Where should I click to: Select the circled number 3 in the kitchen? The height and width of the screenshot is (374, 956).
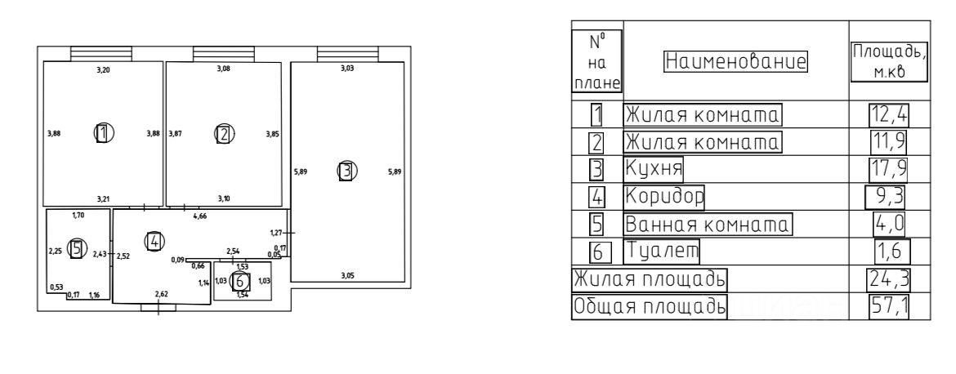pyautogui.click(x=346, y=171)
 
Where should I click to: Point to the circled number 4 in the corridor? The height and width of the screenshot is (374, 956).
pyautogui.click(x=154, y=240)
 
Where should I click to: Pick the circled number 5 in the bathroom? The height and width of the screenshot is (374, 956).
pyautogui.click(x=78, y=249)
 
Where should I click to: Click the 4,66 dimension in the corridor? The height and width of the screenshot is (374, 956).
pyautogui.click(x=199, y=217)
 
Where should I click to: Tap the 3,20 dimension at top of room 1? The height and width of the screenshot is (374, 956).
pyautogui.click(x=103, y=71)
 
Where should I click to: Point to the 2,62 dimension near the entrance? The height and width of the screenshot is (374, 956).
pyautogui.click(x=162, y=293)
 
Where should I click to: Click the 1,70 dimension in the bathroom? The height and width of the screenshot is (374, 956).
pyautogui.click(x=78, y=216)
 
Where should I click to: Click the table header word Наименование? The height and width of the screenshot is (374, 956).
pyautogui.click(x=735, y=60)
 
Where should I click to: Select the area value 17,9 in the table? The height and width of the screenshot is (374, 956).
pyautogui.click(x=889, y=169)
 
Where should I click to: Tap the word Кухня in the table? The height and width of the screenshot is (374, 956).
pyautogui.click(x=654, y=169)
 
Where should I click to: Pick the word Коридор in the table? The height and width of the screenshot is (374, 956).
pyautogui.click(x=664, y=196)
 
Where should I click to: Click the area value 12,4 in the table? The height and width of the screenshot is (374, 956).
pyautogui.click(x=889, y=114)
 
